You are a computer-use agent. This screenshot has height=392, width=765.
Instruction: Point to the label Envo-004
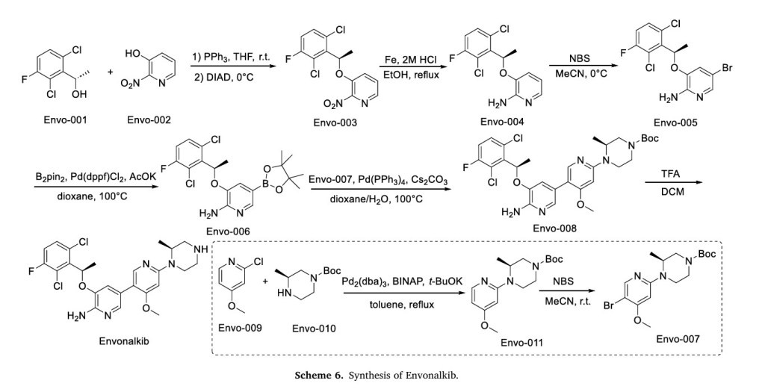tap(501, 122)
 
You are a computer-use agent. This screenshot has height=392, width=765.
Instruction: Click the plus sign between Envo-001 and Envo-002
tap(110, 72)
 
